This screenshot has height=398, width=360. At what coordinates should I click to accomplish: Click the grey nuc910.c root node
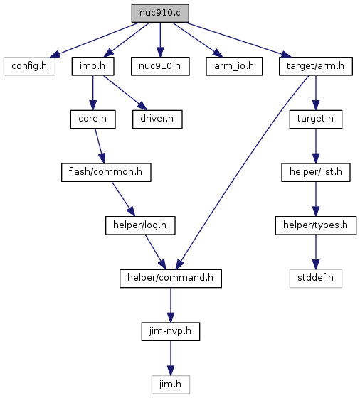coord(160,13)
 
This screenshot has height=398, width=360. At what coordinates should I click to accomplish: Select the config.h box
coord(29,66)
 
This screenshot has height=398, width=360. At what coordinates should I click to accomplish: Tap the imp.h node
coord(92,66)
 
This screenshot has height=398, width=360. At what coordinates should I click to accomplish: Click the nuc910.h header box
coord(160,66)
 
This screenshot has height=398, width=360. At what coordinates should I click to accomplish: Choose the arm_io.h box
coord(234,66)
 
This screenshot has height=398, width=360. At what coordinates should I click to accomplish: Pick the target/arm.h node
coord(316,66)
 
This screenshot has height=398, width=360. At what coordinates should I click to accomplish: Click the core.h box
coord(92,119)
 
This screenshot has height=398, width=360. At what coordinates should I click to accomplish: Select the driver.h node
coord(157,119)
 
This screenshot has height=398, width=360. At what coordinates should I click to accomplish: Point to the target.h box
coord(316,119)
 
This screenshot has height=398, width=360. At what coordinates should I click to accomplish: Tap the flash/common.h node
coord(106,172)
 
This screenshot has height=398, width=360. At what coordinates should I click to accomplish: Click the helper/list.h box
coord(316,172)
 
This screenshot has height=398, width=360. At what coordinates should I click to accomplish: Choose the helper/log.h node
coord(140,225)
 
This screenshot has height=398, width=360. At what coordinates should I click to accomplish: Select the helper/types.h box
coord(316,225)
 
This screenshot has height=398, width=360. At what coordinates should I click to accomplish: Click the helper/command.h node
coord(171,279)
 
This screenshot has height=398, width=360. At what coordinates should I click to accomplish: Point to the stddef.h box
coord(316,279)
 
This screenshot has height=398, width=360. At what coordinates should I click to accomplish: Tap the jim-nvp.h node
coord(171,331)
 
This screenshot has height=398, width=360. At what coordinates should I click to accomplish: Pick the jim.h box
coord(171,384)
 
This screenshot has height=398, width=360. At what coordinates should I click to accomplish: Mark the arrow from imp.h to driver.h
coord(125,92)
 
